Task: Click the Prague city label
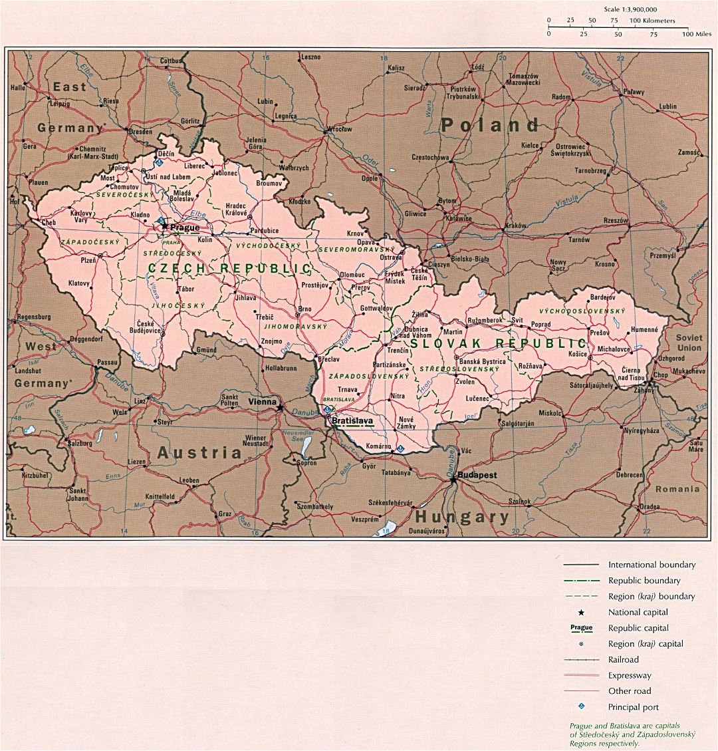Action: pyautogui.click(x=184, y=227)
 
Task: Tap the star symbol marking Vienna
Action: pyautogui.click(x=281, y=407)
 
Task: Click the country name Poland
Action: pyautogui.click(x=490, y=125)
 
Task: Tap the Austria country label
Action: pyautogui.click(x=199, y=454)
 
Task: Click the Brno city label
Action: pyautogui.click(x=304, y=309)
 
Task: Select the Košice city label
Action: pyautogui.click(x=577, y=354)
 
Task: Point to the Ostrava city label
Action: pyautogui.click(x=391, y=257)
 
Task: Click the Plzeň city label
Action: pyautogui.click(x=88, y=260)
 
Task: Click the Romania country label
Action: pyautogui.click(x=677, y=489)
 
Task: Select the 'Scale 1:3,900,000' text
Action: pyautogui.click(x=630, y=9)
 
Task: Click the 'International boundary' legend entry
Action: pyautogui.click(x=652, y=565)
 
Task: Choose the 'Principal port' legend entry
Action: pyautogui.click(x=633, y=707)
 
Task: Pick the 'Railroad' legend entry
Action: pyautogui.click(x=623, y=659)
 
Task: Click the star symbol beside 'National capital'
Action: pyautogui.click(x=581, y=612)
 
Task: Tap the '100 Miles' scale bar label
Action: pyautogui.click(x=696, y=33)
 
